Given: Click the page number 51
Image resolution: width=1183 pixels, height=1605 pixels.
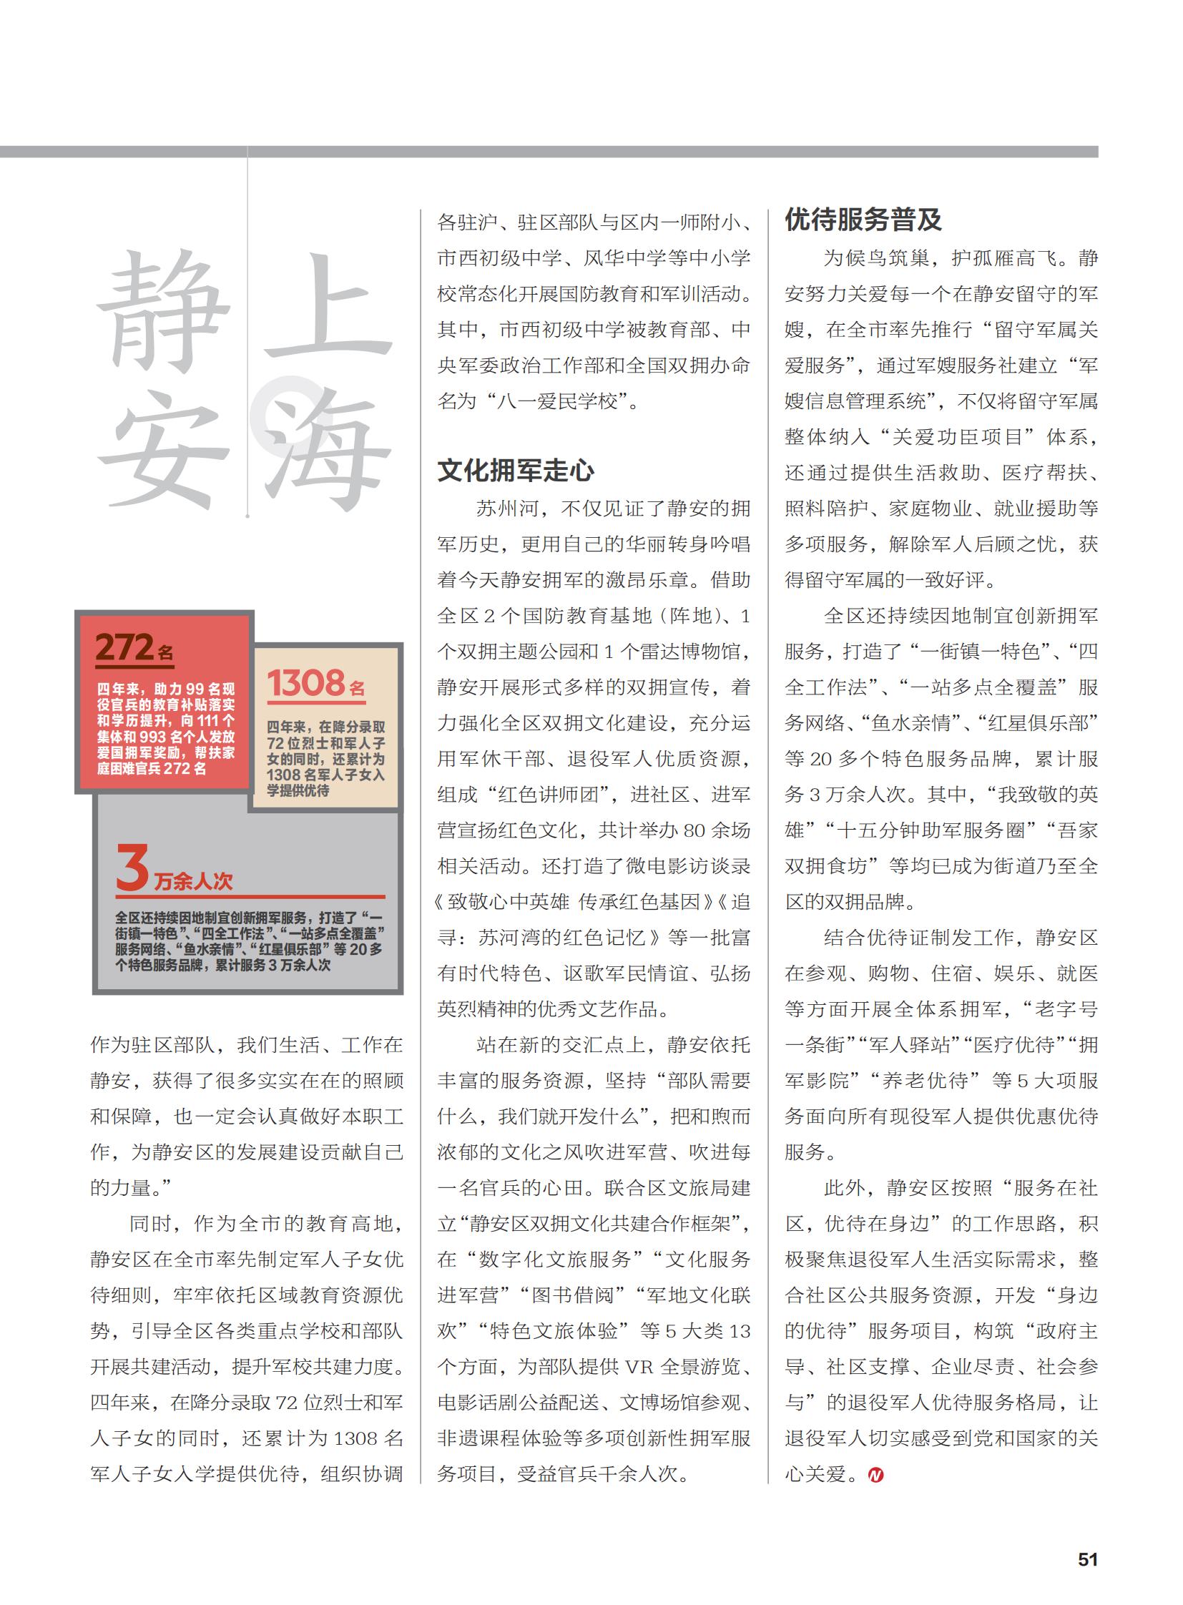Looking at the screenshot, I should pos(1087,1559).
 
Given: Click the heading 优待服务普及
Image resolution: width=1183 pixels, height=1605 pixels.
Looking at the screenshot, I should pos(863,219).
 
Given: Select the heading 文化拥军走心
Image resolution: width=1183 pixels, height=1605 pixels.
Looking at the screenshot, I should pos(516,471).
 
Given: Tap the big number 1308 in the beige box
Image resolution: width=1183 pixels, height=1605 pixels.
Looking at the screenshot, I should pos(307,683).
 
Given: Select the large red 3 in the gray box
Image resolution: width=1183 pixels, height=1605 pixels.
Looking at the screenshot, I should pos(132,868).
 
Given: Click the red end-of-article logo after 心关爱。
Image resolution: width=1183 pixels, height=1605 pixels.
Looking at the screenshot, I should pos(875,1475).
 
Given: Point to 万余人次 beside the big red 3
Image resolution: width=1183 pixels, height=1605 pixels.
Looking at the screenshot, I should pos(193,881).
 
